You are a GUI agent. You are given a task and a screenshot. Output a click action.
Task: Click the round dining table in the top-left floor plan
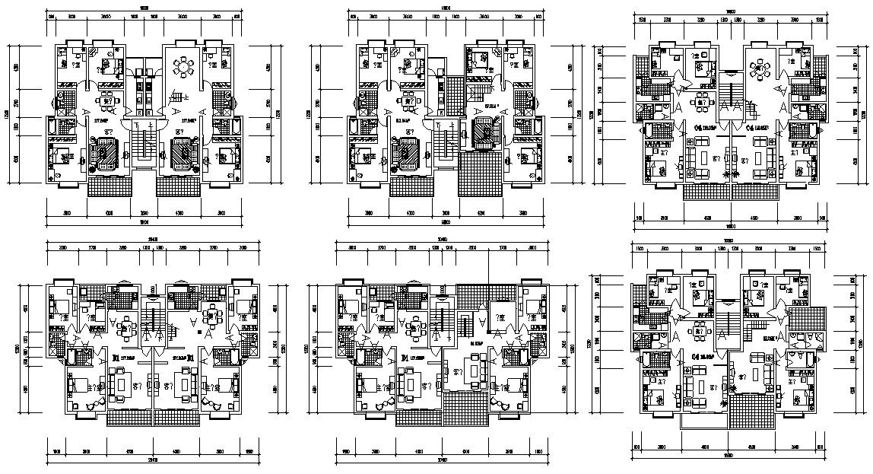(x=183, y=68)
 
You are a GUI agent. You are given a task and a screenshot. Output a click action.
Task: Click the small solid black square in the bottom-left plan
(x=198, y=332)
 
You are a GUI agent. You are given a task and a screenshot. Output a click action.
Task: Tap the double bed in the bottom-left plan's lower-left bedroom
(x=80, y=384)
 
